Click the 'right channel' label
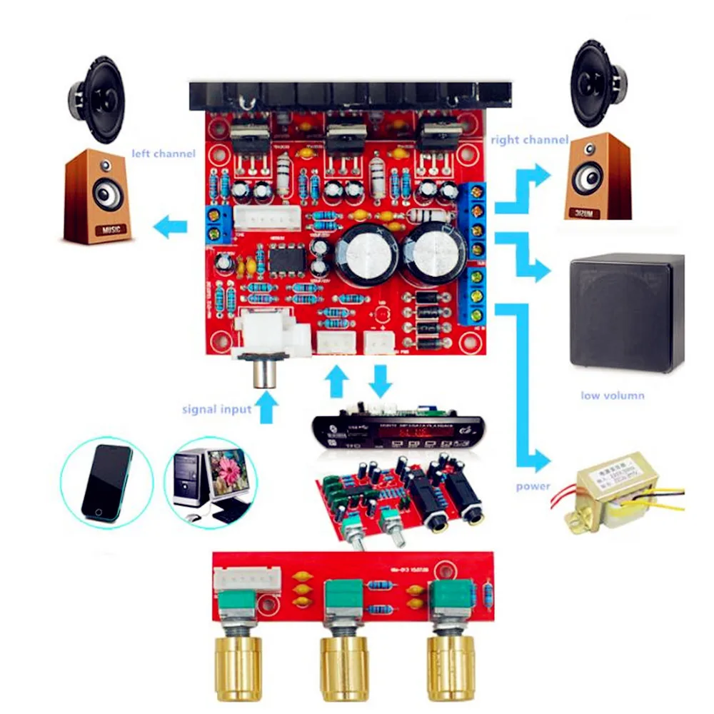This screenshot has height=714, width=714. (529, 140)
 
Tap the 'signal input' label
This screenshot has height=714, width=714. (216, 409)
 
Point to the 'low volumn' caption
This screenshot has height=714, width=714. (612, 395)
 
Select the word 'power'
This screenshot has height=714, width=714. (533, 486)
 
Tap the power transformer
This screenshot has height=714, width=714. (612, 492)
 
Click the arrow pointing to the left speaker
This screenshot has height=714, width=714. (171, 228)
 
